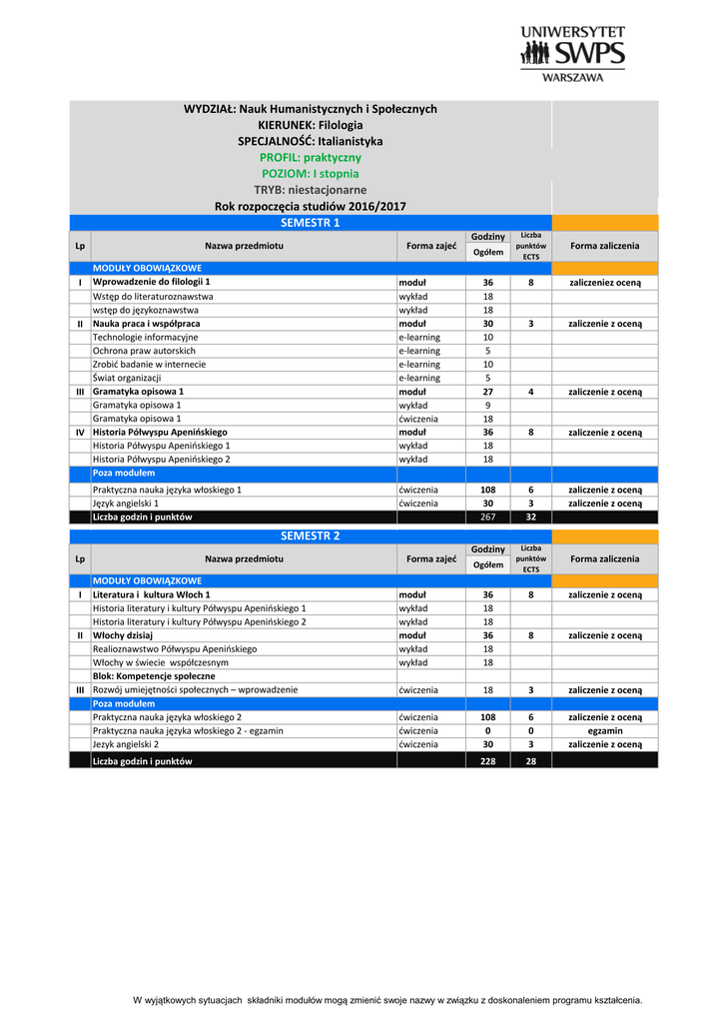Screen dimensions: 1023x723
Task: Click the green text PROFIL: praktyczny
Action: click(x=311, y=158)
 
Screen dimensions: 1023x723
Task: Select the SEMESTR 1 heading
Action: click(x=311, y=223)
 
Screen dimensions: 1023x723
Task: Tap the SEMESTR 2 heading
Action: click(x=311, y=535)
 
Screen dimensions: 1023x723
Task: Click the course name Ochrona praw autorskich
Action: click(x=144, y=351)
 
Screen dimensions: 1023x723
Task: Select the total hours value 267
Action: click(x=487, y=517)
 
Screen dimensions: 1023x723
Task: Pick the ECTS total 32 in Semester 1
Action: click(x=530, y=517)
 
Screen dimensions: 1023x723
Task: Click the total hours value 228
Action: click(x=487, y=761)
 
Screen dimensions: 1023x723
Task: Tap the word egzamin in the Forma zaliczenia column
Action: click(x=605, y=730)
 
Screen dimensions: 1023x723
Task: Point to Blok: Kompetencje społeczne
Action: click(x=153, y=676)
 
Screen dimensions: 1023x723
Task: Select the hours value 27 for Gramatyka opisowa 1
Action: click(x=487, y=392)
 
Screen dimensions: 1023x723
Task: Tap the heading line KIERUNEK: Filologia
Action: click(x=311, y=125)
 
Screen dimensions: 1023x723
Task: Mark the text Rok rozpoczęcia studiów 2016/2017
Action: click(x=311, y=207)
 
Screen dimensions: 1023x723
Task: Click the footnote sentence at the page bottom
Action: click(x=387, y=1000)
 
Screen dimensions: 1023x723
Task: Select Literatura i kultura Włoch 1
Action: click(x=151, y=594)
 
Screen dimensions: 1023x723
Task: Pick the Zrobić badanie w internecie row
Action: click(x=149, y=365)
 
